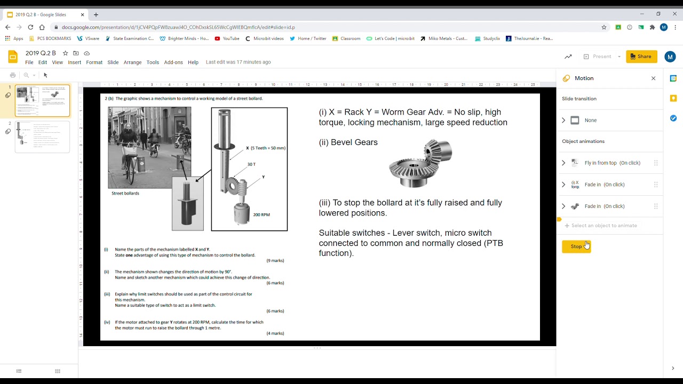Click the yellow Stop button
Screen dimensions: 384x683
[576, 246]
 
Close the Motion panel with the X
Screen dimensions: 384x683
[653, 78]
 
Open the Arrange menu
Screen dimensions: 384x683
[132, 62]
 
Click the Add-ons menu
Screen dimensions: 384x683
[173, 62]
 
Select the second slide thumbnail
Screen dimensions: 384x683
[42, 137]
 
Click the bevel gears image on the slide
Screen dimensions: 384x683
[420, 163]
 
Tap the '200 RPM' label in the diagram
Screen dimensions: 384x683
[261, 214]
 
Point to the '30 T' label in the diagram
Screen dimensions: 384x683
[251, 164]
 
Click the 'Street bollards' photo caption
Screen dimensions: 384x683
[125, 193]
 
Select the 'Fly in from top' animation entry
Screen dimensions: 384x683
[612, 163]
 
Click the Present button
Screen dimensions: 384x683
[601, 57]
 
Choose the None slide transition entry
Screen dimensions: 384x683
[590, 121]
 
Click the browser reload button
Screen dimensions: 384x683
[30, 27]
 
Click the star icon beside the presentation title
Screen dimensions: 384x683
[65, 53]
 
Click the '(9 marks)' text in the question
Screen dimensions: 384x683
[275, 260]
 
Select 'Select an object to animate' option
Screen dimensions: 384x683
[603, 226]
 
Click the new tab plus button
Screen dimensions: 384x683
[96, 14]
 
